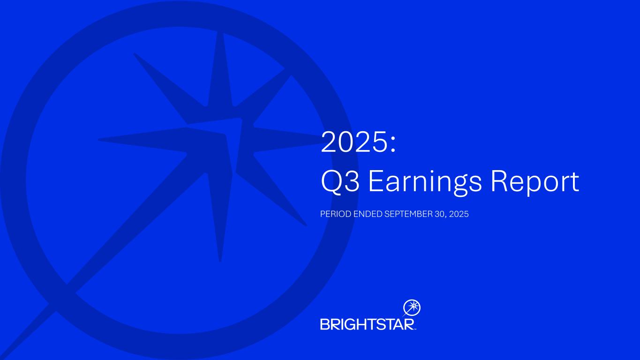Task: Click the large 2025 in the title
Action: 354,142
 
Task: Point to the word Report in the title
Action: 535,183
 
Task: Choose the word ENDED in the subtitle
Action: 368,214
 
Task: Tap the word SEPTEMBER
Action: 408,214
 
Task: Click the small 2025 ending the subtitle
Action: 459,214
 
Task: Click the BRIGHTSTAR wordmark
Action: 368,324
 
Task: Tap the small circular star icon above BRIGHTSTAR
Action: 412,307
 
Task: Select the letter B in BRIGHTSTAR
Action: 325,324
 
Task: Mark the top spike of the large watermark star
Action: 220,68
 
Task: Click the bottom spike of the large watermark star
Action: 219,217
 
